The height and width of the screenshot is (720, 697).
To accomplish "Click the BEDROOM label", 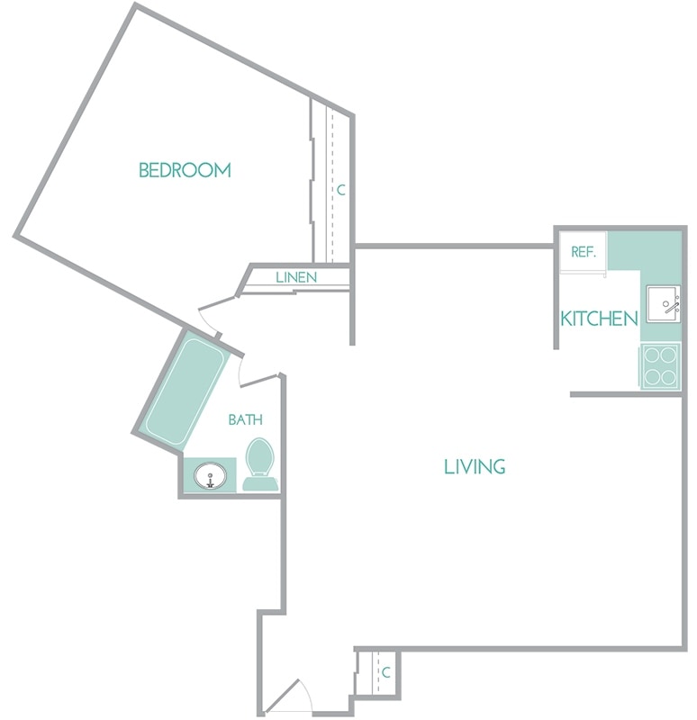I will tap(185, 170).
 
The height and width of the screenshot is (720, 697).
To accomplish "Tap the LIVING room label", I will tap(475, 466).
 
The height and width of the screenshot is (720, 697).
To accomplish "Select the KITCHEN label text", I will tap(599, 319).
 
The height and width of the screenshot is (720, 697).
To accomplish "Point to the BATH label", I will tap(245, 419).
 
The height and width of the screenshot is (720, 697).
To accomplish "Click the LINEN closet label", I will tap(296, 277).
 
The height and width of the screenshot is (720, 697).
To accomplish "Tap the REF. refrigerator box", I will tap(584, 252).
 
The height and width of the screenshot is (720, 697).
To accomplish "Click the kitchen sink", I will tap(663, 306).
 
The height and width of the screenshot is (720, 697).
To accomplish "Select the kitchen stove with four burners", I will tap(660, 366).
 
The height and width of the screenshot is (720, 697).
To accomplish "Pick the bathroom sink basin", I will tap(211, 475).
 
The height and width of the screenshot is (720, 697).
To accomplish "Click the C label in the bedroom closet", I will tap(340, 191).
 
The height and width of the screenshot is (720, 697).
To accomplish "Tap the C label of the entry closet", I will tap(385, 672).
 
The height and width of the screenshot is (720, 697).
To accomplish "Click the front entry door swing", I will tap(290, 697).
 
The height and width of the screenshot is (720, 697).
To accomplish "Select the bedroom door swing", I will tap(216, 315).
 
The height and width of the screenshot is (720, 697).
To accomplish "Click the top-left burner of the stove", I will tap(651, 355).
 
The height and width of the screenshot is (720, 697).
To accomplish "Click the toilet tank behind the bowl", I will tap(260, 484).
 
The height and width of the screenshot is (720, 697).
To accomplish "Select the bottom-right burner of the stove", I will tap(669, 377).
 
